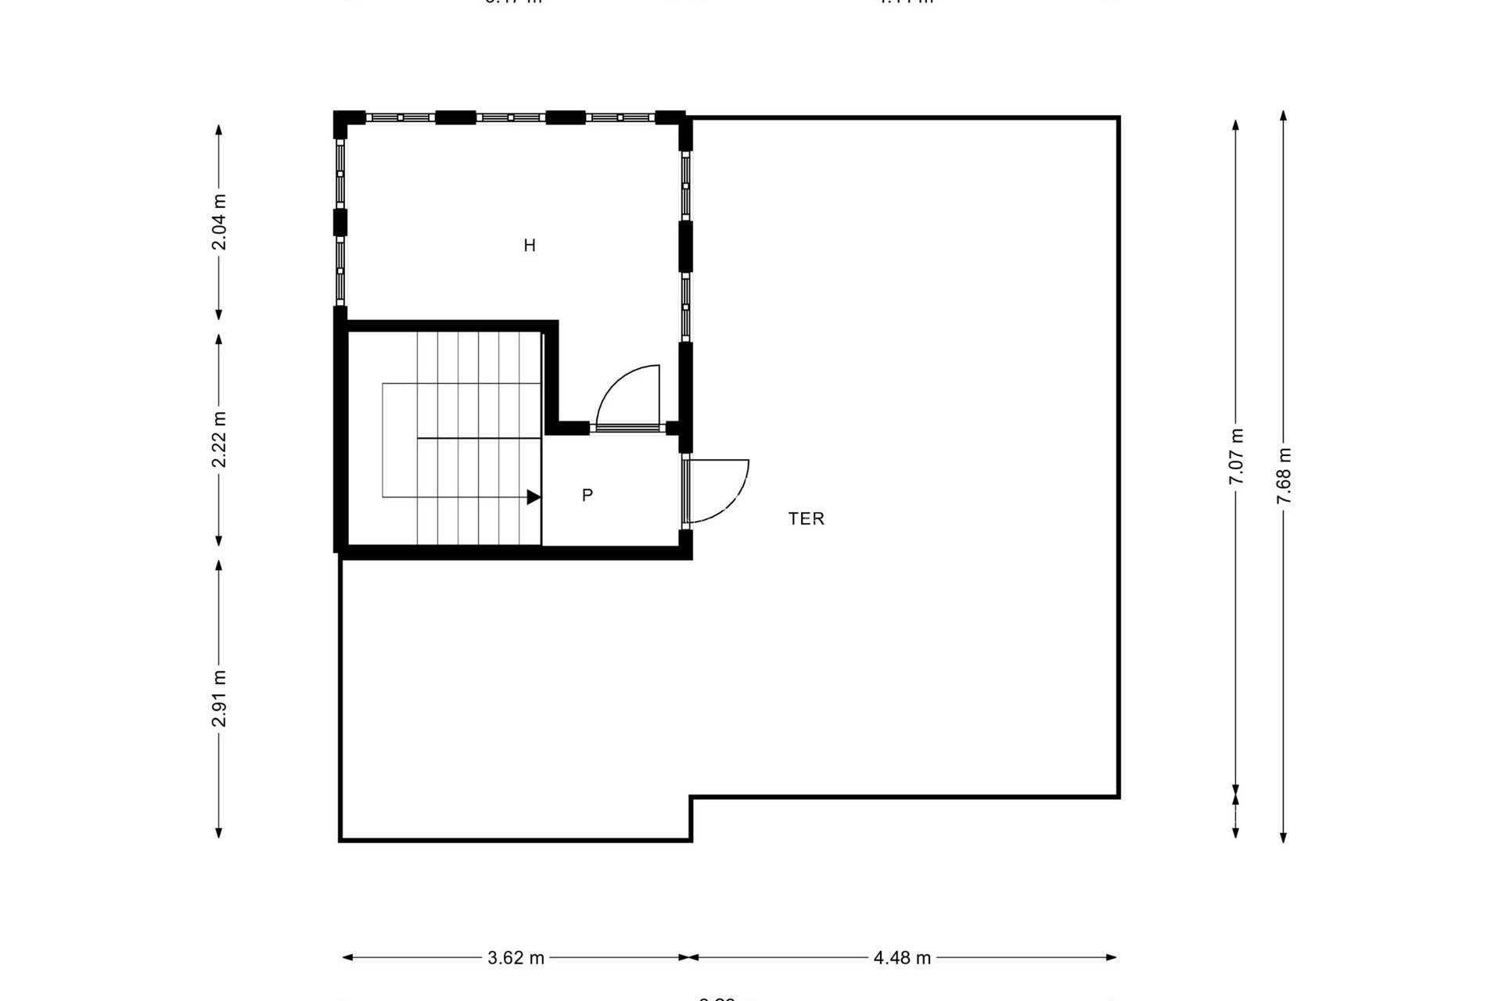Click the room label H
click(530, 246)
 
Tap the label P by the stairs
click(588, 495)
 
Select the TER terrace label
click(806, 518)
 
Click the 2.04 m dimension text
click(219, 222)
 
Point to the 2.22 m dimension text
click(219, 440)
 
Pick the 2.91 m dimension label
click(219, 698)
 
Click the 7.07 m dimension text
click(1236, 457)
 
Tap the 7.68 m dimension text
click(1284, 475)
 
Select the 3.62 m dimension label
click(516, 958)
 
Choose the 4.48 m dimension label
click(902, 958)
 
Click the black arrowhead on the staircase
click(534, 497)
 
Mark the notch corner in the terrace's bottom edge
click(691, 798)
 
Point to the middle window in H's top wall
click(510, 117)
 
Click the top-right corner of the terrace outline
click(1119, 118)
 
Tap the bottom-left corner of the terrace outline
click(340, 840)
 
